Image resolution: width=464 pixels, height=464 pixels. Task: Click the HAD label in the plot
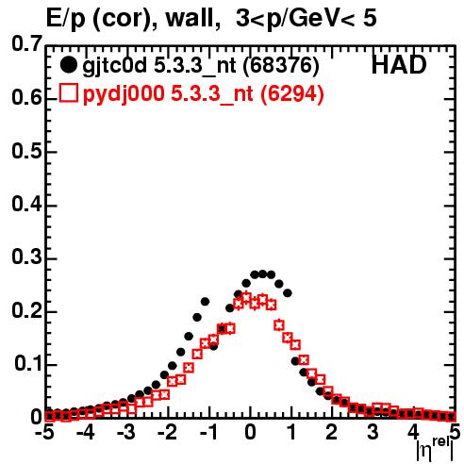coord(399,65)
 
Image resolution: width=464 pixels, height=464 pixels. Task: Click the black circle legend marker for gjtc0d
coord(68,65)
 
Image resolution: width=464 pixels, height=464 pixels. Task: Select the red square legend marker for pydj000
coord(68,93)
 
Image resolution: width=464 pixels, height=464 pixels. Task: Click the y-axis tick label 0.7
coord(26,43)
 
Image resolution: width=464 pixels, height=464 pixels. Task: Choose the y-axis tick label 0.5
coord(26,151)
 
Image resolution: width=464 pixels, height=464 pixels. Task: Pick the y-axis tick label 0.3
coord(26,257)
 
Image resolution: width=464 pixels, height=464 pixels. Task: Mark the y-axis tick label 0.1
coord(28,364)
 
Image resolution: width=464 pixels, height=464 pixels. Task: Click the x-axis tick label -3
coord(126,432)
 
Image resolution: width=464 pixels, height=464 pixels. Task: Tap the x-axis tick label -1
coord(209,432)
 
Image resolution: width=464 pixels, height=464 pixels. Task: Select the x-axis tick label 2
coord(331,432)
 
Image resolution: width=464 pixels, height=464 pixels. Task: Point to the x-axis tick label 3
coord(373,432)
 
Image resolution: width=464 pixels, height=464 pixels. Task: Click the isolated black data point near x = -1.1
coord(205,302)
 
